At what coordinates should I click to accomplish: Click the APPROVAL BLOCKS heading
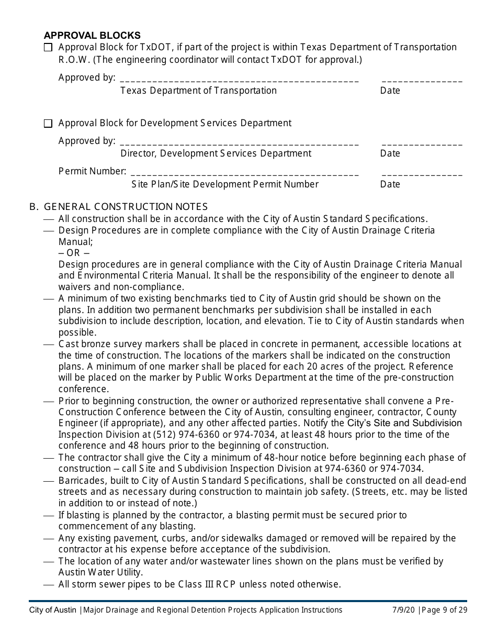point(92,36)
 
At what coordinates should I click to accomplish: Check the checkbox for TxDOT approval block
point(48,48)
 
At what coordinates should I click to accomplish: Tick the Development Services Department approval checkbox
point(48,124)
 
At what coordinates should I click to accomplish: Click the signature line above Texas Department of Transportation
point(239,80)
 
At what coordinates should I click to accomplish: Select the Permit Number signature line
point(244,174)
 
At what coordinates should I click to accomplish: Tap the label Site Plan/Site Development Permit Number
point(224,184)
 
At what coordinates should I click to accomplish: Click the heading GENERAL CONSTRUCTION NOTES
point(126,207)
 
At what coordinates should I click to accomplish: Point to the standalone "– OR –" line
point(74,253)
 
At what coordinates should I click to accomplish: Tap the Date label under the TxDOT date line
point(390,91)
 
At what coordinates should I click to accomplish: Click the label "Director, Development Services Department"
point(216,153)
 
